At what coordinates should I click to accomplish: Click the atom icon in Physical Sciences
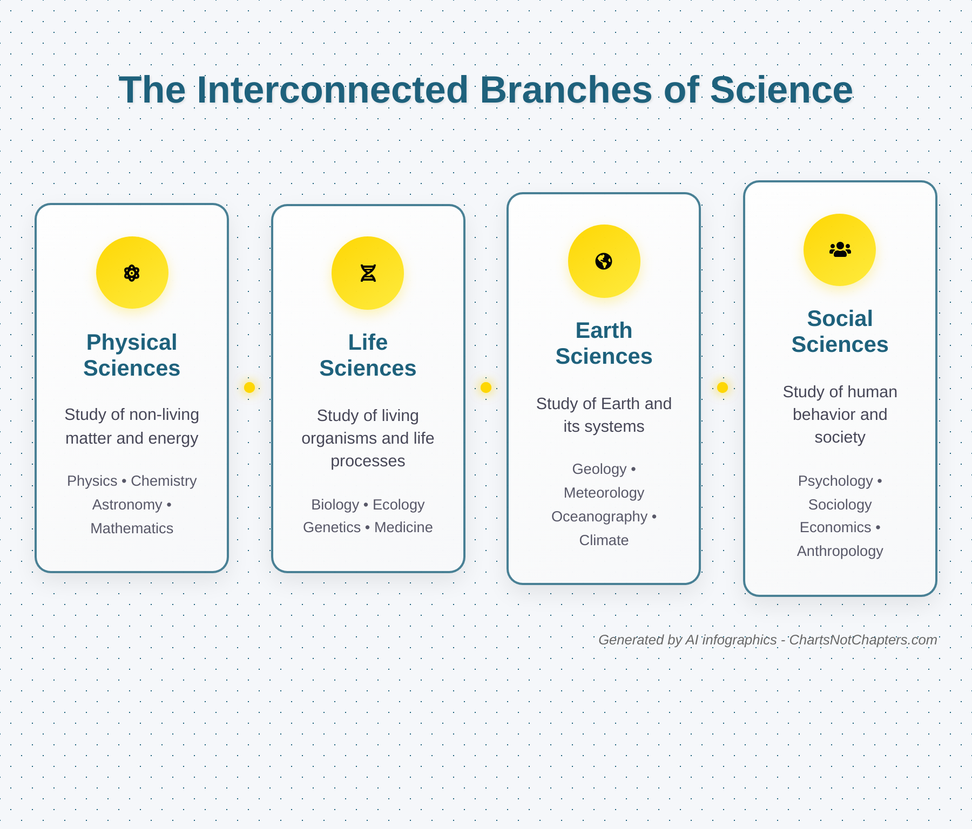(x=132, y=273)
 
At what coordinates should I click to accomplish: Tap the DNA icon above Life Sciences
(x=368, y=273)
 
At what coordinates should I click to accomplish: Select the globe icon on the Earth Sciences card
(x=604, y=261)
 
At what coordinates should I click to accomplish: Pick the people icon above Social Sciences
(x=840, y=249)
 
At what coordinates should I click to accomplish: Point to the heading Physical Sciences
(x=132, y=355)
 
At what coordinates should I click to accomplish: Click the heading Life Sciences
(x=368, y=355)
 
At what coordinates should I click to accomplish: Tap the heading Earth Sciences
(x=604, y=343)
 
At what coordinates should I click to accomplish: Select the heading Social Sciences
(x=840, y=331)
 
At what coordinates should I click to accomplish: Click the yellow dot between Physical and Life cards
(x=249, y=388)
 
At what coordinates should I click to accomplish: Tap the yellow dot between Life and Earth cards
(x=486, y=388)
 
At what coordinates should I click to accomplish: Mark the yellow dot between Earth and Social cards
(x=723, y=388)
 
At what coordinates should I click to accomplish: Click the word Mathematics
(x=132, y=528)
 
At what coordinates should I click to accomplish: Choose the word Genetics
(x=332, y=527)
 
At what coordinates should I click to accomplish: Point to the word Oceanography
(x=599, y=517)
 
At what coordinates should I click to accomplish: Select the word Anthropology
(x=840, y=551)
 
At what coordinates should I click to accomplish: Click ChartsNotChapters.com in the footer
(x=863, y=640)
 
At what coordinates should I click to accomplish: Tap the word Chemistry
(x=164, y=481)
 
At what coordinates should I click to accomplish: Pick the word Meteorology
(x=604, y=493)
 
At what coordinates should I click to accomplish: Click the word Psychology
(x=835, y=481)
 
